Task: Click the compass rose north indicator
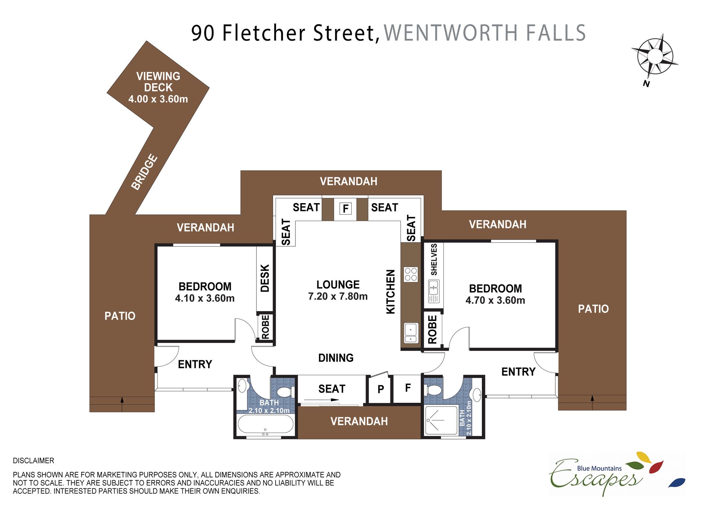tap(654, 57)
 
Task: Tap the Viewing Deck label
tap(158, 88)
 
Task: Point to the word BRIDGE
tap(144, 172)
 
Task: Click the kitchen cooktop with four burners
tap(411, 274)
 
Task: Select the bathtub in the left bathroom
tap(266, 424)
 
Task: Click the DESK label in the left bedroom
tap(265, 278)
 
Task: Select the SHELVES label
tap(434, 259)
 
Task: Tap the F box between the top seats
tap(346, 208)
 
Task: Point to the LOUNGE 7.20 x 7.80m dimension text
tap(338, 290)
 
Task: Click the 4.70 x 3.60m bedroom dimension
tap(495, 300)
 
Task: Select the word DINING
tap(336, 358)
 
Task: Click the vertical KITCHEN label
tap(390, 292)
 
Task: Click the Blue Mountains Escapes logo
tap(617, 474)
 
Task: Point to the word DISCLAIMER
tap(34, 461)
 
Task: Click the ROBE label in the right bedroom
tap(432, 329)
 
